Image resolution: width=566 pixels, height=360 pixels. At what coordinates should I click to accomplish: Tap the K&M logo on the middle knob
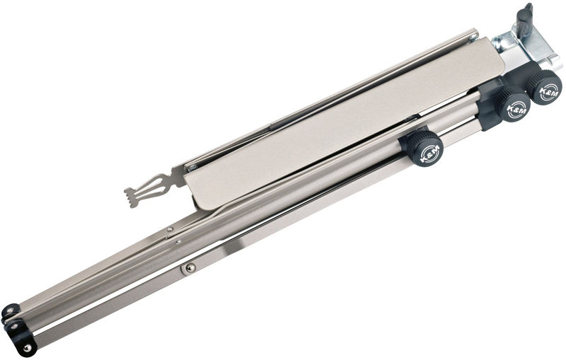click(x=517, y=109)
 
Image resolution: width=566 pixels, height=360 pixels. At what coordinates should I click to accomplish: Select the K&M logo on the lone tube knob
click(x=430, y=153)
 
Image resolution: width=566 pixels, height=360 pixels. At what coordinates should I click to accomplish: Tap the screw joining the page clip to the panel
click(x=192, y=167)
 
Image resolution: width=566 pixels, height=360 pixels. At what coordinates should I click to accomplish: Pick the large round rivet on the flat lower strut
click(x=190, y=267)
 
